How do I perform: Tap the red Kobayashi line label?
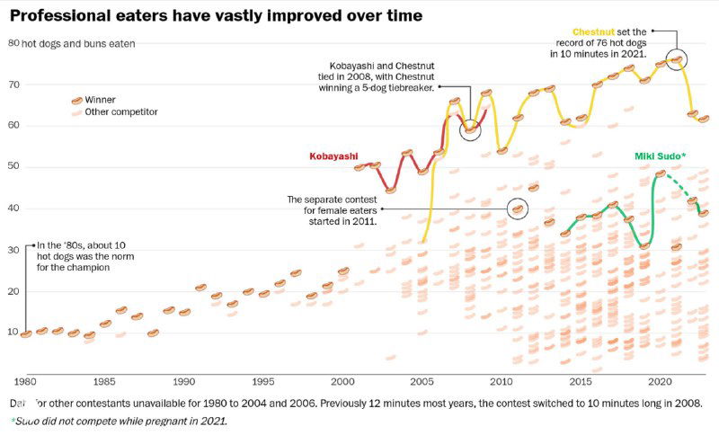332,156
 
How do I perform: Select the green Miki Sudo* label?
660,156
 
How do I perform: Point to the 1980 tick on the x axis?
24,379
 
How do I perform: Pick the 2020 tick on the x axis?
660,379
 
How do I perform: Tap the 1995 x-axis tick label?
263,379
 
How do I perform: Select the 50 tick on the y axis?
13,167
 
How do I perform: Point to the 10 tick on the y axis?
13,333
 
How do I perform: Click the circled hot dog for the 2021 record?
676,60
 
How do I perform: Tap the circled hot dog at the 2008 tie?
469,129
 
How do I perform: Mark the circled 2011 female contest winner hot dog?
517,209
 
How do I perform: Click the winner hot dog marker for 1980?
25,333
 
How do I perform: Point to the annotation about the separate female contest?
333,209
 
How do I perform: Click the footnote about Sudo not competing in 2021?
120,421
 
